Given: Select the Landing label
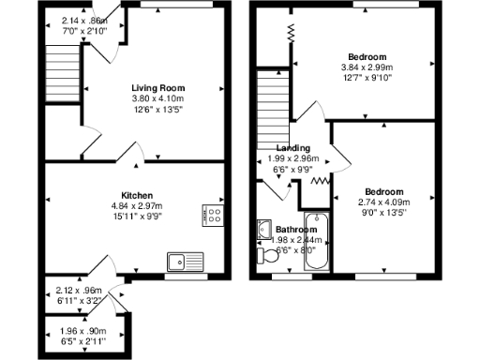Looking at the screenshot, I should [293, 148].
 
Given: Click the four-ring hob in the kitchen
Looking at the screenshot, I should [213, 215].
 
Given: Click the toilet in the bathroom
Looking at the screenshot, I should [262, 253].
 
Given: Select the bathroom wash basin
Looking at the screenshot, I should [262, 230].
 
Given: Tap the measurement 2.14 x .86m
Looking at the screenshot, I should [83, 21].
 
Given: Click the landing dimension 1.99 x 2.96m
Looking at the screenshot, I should [294, 159].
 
